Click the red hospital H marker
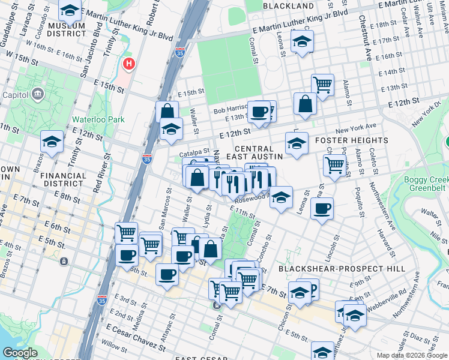click(x=128, y=64)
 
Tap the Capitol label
click(x=16, y=94)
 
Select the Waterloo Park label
click(x=98, y=119)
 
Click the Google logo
click(x=20, y=353)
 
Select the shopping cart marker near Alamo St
click(x=334, y=164)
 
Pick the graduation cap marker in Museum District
click(x=70, y=10)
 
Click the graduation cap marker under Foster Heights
click(x=297, y=144)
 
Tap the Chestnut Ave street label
click(x=365, y=33)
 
